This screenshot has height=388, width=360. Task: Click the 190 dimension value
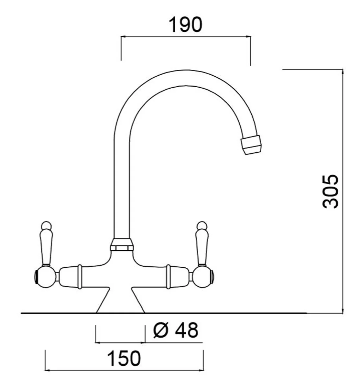click(x=186, y=25)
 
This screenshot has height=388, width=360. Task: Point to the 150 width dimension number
click(x=125, y=359)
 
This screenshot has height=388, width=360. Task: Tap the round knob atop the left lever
click(x=45, y=225)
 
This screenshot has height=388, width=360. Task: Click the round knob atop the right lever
click(x=201, y=225)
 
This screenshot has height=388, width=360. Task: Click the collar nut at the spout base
click(x=122, y=245)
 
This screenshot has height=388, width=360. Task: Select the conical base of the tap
click(x=120, y=301)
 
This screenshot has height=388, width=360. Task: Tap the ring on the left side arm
click(x=79, y=276)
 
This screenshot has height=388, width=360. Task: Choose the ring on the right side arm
click(x=168, y=276)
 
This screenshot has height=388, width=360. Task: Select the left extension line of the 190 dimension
click(x=121, y=48)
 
